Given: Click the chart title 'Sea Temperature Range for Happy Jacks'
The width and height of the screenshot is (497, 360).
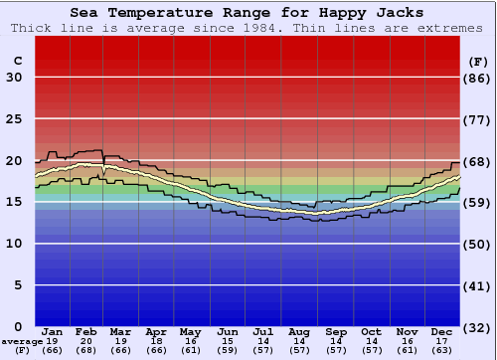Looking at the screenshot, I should (247, 12).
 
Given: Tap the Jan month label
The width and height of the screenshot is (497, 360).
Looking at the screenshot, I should (53, 331).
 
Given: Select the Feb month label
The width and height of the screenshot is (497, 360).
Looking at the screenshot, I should (86, 331).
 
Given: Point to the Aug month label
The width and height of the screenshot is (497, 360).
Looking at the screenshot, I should (299, 331).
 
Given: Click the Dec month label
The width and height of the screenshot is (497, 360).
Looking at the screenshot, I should (442, 331).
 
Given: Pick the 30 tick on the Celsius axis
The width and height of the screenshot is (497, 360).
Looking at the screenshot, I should (14, 78).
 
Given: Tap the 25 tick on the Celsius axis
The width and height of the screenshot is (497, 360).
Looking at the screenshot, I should (14, 119).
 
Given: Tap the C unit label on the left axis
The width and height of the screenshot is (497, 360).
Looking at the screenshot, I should (17, 61).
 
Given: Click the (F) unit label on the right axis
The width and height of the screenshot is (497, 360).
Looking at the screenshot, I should (478, 61).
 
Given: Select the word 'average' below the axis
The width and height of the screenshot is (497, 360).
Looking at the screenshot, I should (21, 341).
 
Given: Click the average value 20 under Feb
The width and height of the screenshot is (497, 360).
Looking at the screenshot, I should (86, 341).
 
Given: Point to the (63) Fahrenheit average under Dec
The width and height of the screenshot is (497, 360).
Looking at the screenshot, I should (442, 350).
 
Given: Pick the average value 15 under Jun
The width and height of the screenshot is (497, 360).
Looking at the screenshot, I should (228, 341).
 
